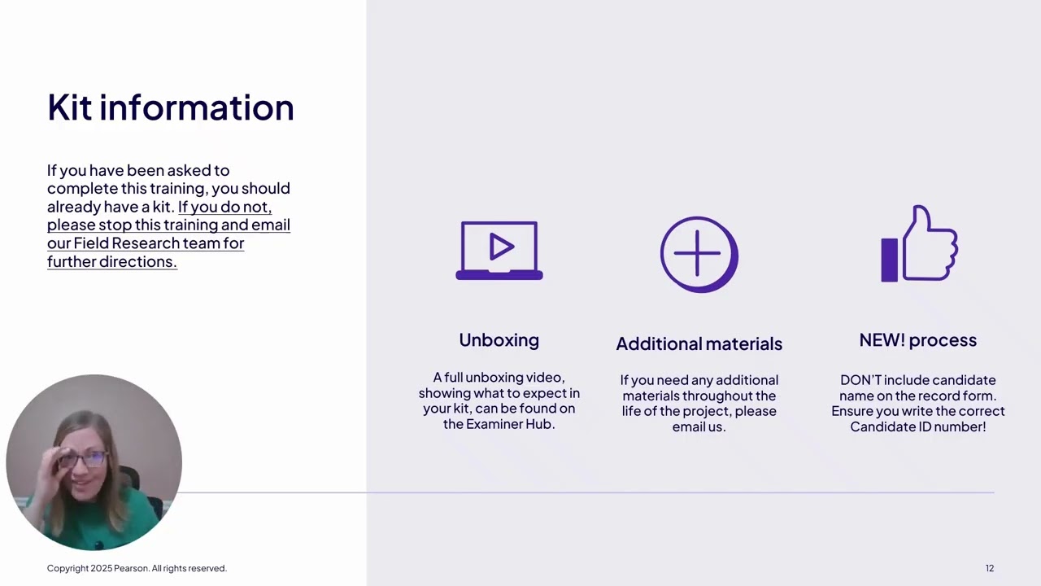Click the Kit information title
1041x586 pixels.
tap(170, 107)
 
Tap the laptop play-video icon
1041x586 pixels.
tap(499, 251)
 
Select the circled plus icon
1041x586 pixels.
tap(699, 254)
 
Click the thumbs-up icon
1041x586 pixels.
tap(919, 244)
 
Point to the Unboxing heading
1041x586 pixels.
tap(499, 340)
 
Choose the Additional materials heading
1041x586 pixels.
tap(699, 343)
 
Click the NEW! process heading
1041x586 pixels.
tap(917, 340)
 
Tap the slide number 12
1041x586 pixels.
tap(989, 568)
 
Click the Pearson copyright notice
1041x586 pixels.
tap(137, 568)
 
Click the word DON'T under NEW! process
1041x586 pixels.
tap(860, 380)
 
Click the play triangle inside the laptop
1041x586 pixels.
tap(501, 247)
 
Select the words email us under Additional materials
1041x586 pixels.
tap(699, 426)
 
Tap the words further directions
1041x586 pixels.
tap(111, 261)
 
